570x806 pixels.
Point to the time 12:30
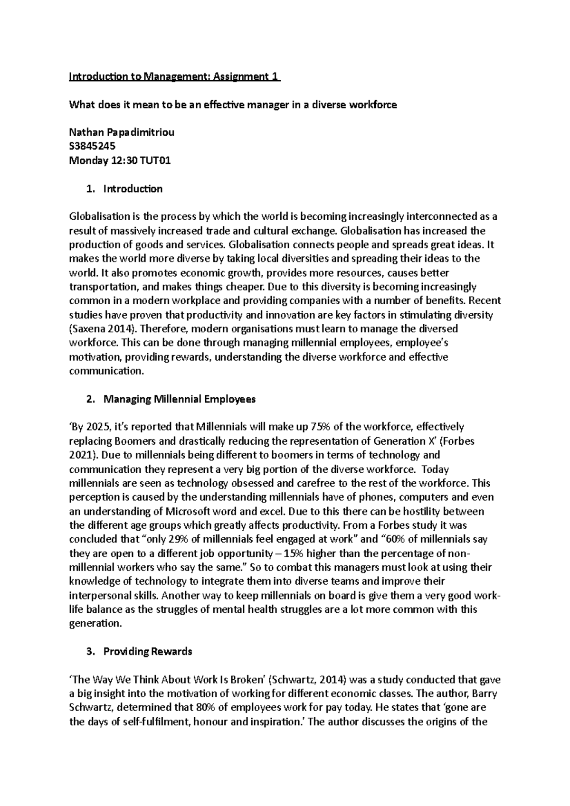[124, 160]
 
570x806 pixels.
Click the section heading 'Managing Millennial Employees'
[180, 399]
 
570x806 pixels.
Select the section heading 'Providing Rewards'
[148, 651]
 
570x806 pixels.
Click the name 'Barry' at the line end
[485, 693]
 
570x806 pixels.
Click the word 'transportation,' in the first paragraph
[102, 287]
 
